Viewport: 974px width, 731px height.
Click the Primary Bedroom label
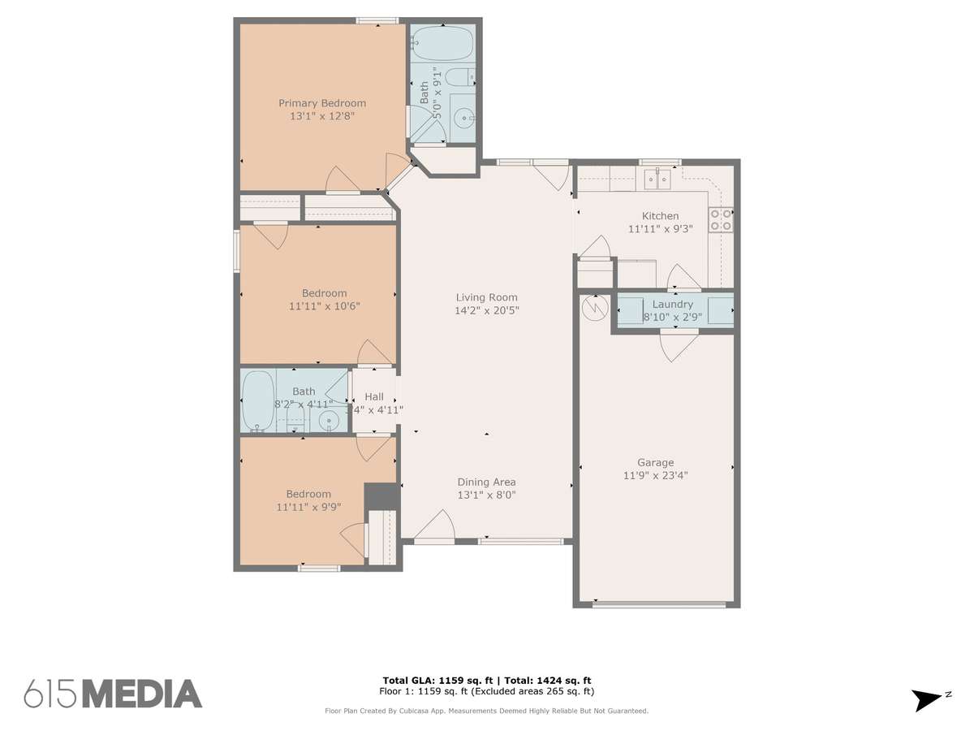[x=322, y=103]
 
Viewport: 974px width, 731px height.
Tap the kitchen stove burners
[x=720, y=220]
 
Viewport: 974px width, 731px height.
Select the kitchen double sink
[x=657, y=180]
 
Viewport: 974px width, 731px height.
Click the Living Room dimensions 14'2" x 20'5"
[x=487, y=310]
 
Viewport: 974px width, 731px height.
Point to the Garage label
[x=655, y=462]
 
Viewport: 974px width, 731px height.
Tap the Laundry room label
[x=672, y=305]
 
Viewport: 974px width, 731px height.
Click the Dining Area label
[x=486, y=482]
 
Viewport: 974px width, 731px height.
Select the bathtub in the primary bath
[x=442, y=43]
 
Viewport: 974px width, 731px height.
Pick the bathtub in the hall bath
[x=258, y=400]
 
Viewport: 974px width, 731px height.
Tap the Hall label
[x=374, y=397]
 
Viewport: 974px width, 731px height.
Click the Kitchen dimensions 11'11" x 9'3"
[x=660, y=229]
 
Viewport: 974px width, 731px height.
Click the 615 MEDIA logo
[x=113, y=694]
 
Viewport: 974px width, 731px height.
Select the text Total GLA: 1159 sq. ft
[x=437, y=681]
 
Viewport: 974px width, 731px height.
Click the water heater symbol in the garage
[x=595, y=308]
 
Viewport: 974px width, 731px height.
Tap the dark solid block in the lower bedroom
[x=381, y=496]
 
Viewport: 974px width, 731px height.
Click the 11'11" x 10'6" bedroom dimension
[x=325, y=306]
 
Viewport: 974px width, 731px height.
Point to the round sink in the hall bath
[x=329, y=419]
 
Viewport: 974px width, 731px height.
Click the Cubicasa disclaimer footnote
[x=486, y=711]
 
